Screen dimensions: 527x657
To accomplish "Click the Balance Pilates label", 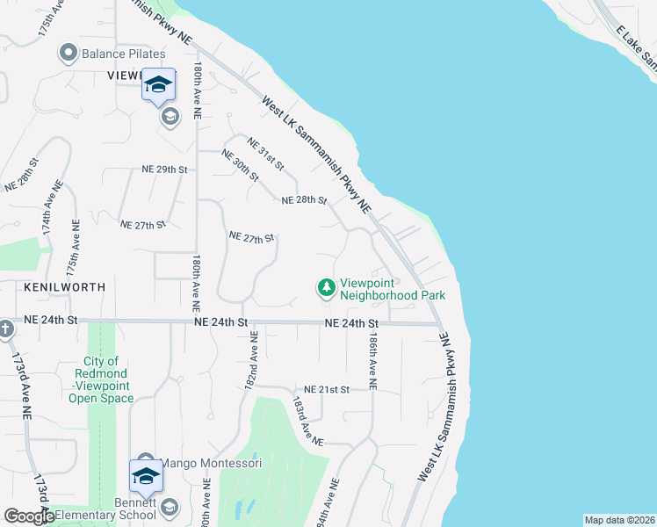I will [123, 54].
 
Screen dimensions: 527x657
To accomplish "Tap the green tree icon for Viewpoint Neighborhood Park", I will [327, 287].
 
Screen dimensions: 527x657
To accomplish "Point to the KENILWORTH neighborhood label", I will [65, 287].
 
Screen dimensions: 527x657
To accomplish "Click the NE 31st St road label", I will [265, 154].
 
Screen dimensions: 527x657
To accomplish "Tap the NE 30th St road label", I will [240, 166].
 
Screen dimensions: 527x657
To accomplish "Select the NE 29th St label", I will [165, 169].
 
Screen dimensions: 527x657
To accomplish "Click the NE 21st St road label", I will [327, 389].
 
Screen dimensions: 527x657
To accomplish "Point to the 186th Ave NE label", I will [373, 361].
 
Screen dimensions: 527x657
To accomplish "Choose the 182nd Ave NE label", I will [252, 361].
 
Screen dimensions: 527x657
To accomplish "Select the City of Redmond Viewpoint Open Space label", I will [102, 379].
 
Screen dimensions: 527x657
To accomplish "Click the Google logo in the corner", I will [29, 516].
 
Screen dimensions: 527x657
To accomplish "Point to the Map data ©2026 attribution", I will [619, 520].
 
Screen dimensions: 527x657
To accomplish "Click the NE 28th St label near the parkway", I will [304, 201].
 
